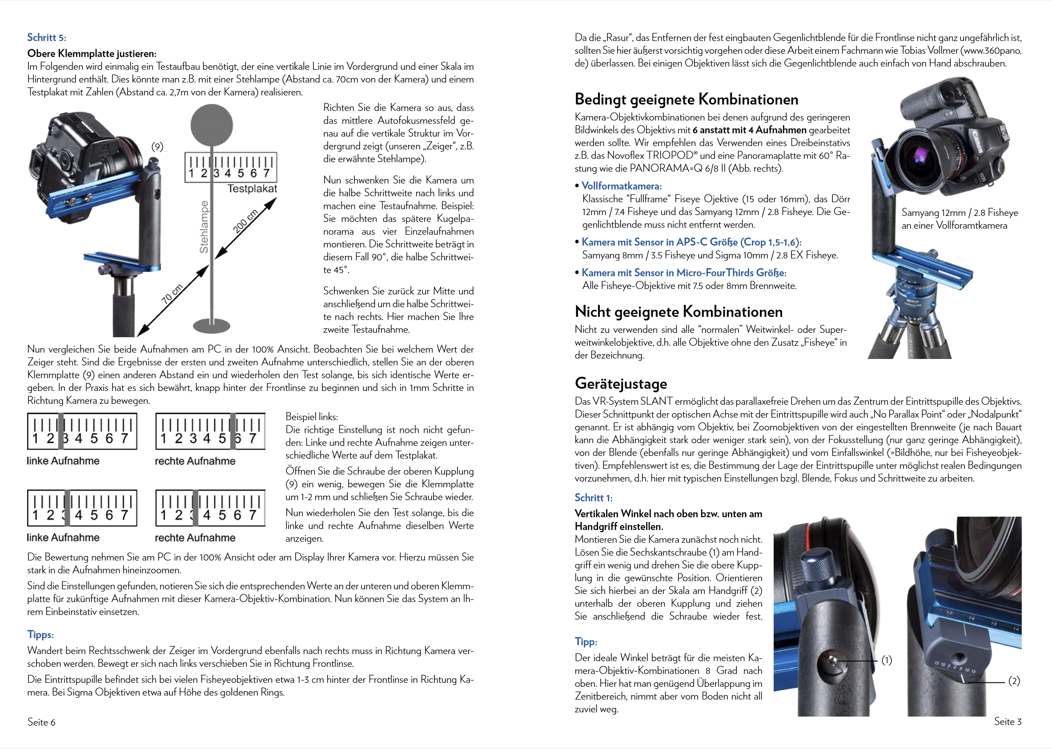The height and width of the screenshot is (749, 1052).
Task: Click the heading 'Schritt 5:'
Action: (x=47, y=37)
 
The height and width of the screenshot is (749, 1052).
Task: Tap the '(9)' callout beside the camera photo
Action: (x=157, y=147)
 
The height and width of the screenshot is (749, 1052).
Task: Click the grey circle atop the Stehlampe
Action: (x=212, y=124)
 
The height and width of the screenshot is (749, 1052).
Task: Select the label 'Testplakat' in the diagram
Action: (x=252, y=189)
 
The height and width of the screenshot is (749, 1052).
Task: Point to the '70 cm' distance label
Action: (x=172, y=294)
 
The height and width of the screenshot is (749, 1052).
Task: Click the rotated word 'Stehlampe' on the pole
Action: (x=204, y=227)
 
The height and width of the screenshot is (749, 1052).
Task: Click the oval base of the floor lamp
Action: (x=211, y=325)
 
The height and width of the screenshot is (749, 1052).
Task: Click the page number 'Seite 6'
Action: (x=41, y=722)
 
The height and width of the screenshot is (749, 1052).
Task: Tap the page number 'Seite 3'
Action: (x=1007, y=721)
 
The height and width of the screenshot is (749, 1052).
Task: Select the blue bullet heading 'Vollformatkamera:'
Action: (x=621, y=186)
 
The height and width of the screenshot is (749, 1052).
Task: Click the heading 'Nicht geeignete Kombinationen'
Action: (x=678, y=312)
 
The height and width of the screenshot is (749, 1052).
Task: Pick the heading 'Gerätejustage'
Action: (x=620, y=383)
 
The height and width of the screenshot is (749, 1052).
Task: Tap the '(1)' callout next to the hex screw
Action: (x=886, y=660)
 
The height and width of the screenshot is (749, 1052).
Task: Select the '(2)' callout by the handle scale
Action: (x=1014, y=681)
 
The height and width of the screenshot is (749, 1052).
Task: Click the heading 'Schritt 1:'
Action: (x=593, y=498)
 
